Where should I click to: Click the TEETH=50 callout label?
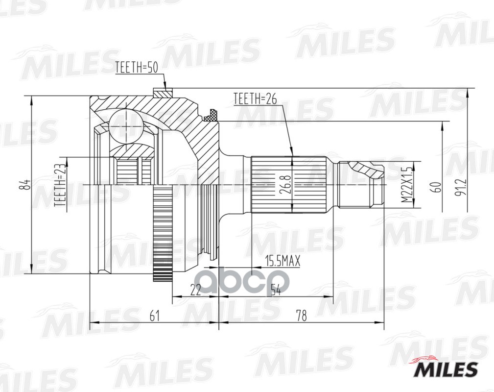coord(136,68)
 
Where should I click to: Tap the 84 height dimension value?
coord(27,185)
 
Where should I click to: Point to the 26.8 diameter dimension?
coord(287,184)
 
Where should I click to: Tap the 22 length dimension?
coord(195,290)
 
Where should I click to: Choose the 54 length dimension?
coord(275,290)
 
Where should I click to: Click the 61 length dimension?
coord(155,316)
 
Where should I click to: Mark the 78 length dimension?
coord(301,316)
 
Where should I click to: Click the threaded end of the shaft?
coord(362,185)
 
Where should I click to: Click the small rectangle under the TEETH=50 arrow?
coord(162,92)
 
